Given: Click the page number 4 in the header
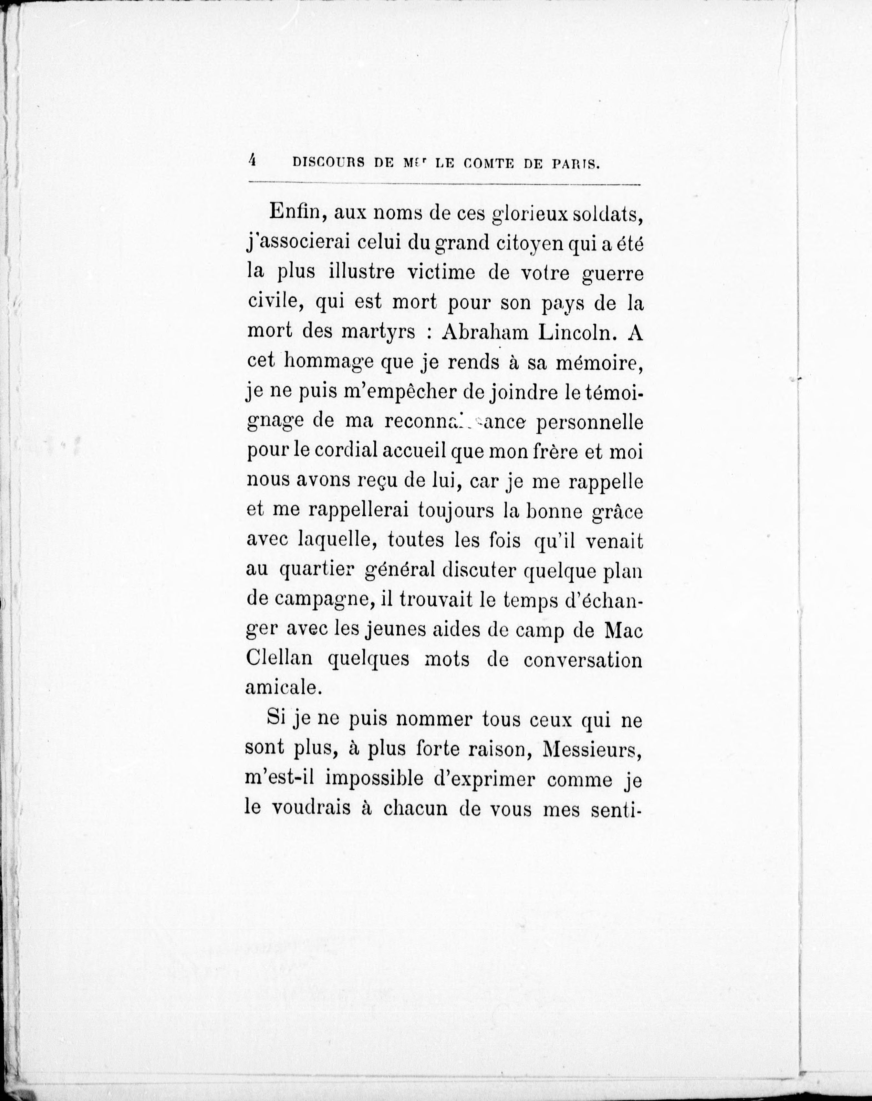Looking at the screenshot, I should coord(252,161).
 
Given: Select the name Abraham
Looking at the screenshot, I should coord(485,332).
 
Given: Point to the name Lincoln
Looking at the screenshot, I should coord(578,332).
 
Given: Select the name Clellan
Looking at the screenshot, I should coord(279,659).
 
